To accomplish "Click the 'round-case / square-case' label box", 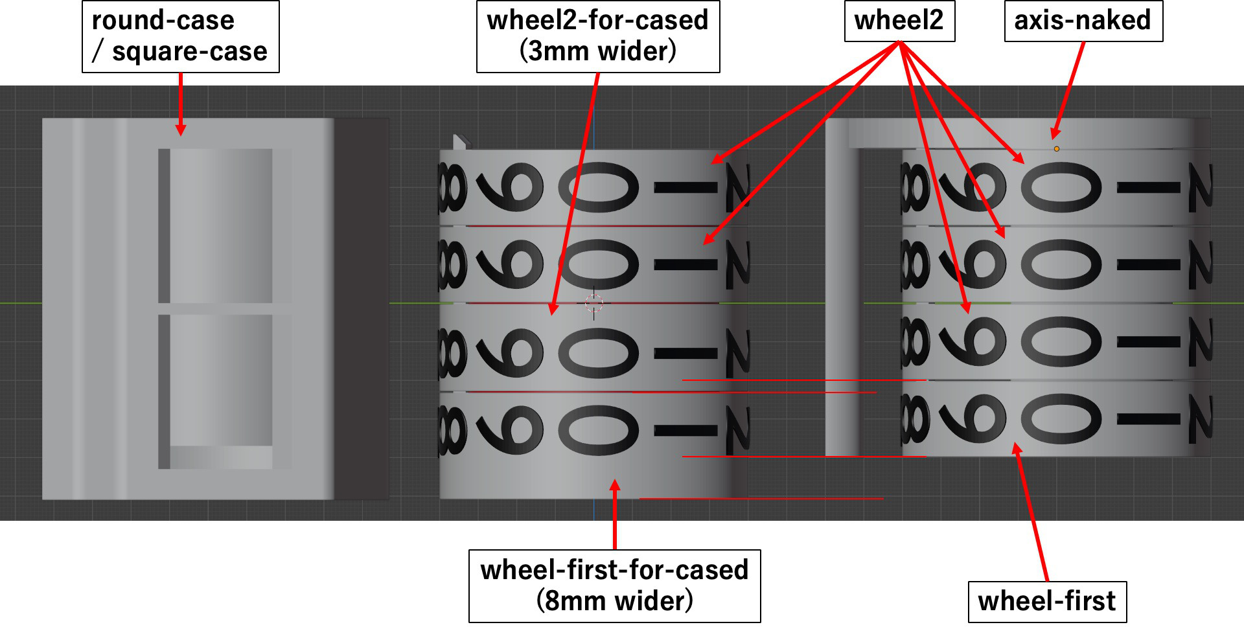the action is pos(181,36).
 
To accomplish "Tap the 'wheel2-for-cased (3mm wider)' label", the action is pos(598,36).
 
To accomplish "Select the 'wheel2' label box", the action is pos(899,21).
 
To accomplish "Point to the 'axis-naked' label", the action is pos(1083,21).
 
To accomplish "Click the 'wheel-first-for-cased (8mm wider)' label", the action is pos(614,586).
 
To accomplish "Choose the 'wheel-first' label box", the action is pos(1047,602).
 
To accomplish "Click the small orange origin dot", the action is pos(1057,149).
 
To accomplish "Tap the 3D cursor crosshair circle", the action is pos(593,302).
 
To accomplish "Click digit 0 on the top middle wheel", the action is pos(598,187).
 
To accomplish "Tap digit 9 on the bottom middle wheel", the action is pos(511,429).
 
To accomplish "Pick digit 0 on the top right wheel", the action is pos(1061,187).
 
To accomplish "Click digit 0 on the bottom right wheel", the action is pos(1061,419).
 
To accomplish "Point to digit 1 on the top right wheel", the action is pos(1149,188).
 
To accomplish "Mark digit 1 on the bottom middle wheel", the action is pos(685,429).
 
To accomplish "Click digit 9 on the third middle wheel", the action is pos(511,353).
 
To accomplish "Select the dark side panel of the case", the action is pos(362,309).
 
